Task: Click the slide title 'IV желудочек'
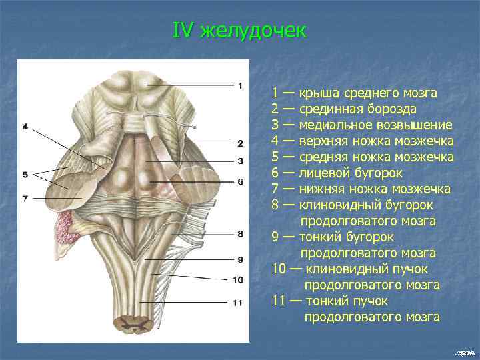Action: click(240, 31)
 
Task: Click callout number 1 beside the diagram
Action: click(239, 85)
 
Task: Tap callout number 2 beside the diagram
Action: click(239, 143)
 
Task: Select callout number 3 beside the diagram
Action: click(239, 161)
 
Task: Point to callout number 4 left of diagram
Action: click(25, 127)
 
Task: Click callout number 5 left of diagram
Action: click(25, 175)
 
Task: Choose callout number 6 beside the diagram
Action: click(239, 181)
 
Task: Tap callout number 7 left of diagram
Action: click(25, 198)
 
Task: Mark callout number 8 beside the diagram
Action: click(239, 234)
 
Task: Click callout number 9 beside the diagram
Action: click(239, 259)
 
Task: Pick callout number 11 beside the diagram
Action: click(238, 303)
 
